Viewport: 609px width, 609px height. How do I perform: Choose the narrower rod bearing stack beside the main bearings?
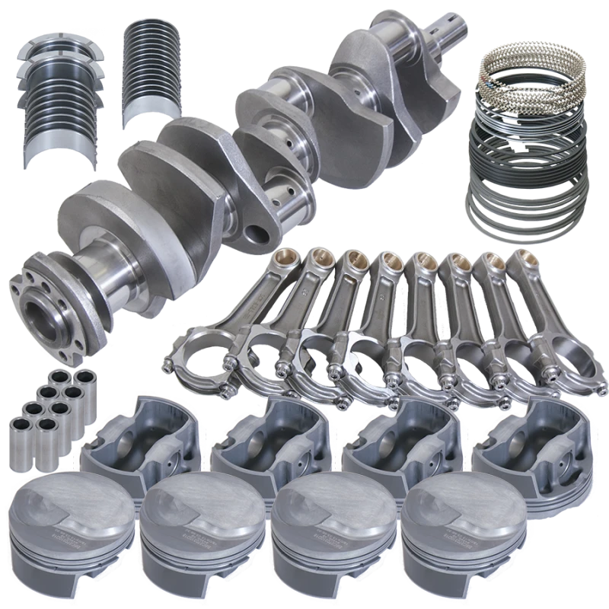point(155,67)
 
